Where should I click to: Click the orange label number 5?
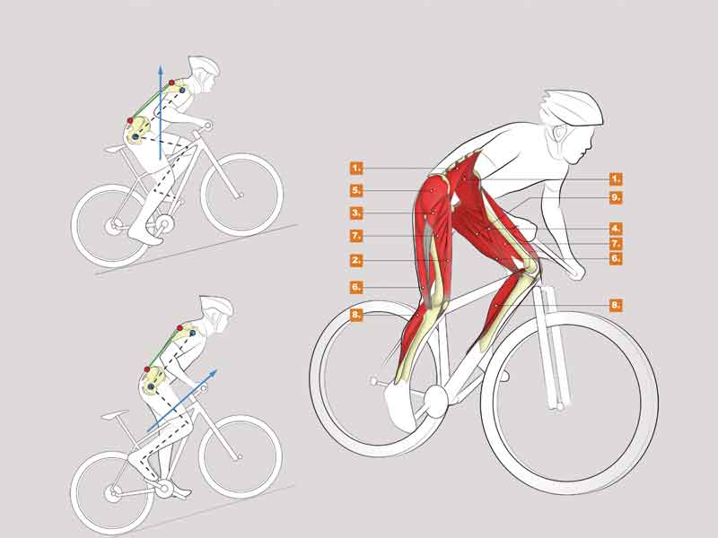tap(356, 190)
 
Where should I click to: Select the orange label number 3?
tap(356, 213)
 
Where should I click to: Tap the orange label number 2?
tap(356, 261)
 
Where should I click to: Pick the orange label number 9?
tap(616, 197)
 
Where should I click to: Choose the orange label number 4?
tap(616, 229)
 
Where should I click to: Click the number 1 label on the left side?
tap(356, 169)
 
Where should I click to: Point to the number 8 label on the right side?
tap(616, 305)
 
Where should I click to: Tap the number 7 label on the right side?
tap(616, 243)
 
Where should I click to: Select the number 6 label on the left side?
tap(356, 287)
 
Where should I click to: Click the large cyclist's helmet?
tap(573, 108)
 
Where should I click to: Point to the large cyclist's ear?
tap(558, 133)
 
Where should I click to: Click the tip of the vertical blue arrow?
tap(161, 65)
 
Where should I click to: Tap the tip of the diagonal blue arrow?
tap(216, 369)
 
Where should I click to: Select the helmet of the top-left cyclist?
tap(204, 66)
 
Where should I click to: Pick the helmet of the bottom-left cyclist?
tap(217, 306)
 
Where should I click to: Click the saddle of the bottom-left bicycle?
tap(114, 415)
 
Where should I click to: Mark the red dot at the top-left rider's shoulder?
tap(171, 82)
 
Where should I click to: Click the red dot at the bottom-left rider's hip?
tap(147, 369)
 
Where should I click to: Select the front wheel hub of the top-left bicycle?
tap(241, 195)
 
